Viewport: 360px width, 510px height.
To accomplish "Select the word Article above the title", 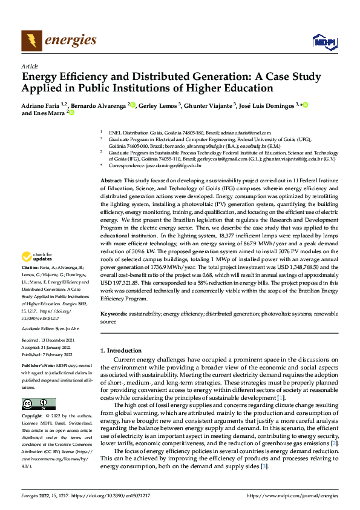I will coord(30,66).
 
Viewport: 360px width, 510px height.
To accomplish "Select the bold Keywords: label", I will coord(114,314).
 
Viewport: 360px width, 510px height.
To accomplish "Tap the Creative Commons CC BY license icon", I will coord(39,404).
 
